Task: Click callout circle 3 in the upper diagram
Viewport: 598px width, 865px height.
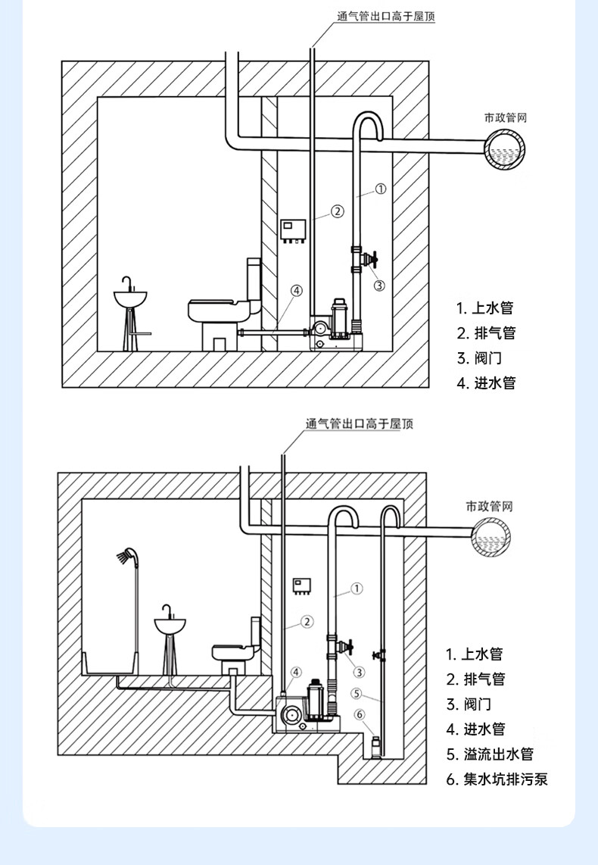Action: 379,286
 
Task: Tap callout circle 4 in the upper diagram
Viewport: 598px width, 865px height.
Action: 297,290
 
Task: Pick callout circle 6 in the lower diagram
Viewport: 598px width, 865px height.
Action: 360,715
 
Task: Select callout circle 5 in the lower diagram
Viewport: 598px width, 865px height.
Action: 357,693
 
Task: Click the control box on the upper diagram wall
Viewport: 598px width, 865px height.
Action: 293,230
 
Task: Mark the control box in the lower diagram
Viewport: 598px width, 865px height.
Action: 301,586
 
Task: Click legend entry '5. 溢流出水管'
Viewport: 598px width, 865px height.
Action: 490,754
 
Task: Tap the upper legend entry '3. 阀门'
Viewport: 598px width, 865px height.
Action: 479,358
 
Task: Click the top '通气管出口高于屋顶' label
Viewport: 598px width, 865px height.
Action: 386,17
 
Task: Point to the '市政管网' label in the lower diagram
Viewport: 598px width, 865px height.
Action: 490,506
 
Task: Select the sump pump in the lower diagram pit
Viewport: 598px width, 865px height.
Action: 375,746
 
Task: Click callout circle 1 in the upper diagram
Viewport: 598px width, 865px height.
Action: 381,189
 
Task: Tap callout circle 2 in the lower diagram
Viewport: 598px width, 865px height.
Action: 307,622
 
